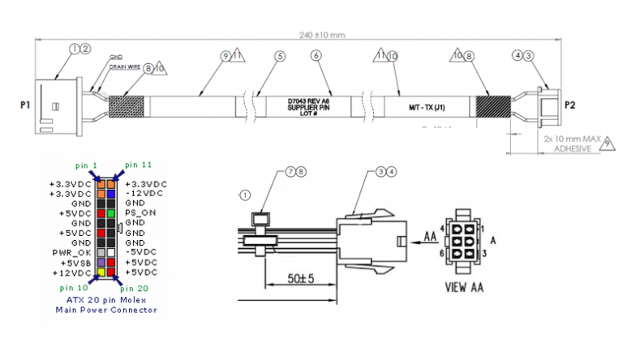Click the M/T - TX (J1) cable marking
tap(423, 107)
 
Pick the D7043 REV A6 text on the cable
tap(309, 101)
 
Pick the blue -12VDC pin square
tap(111, 194)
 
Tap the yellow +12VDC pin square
tap(101, 272)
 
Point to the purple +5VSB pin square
tap(101, 263)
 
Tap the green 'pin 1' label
tap(84, 164)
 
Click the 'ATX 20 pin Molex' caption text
tap(105, 299)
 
